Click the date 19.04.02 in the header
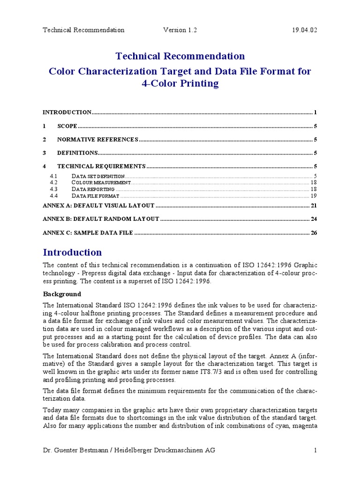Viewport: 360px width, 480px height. [304, 30]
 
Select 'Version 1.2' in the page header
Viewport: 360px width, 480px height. [180, 30]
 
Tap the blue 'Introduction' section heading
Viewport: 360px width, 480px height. [72, 252]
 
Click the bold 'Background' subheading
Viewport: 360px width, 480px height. [62, 294]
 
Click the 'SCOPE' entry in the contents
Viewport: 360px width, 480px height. [67, 126]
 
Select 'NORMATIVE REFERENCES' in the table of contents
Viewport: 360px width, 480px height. [97, 140]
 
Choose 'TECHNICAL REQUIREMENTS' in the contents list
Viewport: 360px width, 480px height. [101, 166]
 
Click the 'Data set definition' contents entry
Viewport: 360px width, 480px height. [98, 176]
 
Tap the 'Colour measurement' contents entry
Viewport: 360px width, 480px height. [101, 182]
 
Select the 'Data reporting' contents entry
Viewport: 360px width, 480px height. [93, 189]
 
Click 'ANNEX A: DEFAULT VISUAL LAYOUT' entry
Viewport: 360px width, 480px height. [98, 206]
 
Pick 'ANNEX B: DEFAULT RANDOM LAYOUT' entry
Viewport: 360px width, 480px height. [101, 219]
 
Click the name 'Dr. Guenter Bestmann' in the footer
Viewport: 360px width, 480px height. [75, 450]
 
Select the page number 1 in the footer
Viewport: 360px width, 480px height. [316, 450]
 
